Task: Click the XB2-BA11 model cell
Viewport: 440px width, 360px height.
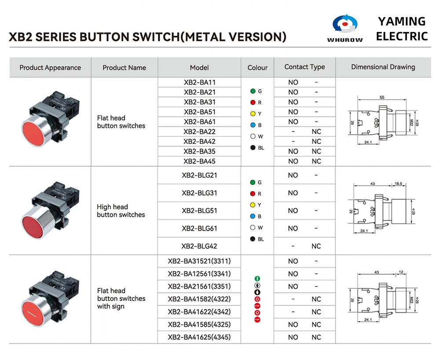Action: (x=199, y=82)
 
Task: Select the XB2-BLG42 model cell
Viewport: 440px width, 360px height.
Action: (x=199, y=246)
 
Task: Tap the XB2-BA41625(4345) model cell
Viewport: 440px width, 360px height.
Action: (x=199, y=338)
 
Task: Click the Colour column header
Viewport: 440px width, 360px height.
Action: (x=257, y=68)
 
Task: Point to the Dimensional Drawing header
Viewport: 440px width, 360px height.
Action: (x=383, y=67)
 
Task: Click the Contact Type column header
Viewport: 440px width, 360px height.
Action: (x=304, y=67)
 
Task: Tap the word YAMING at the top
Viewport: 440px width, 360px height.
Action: (x=402, y=21)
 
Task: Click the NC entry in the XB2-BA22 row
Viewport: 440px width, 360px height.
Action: (x=316, y=132)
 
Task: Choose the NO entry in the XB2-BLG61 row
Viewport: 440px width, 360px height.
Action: (x=293, y=228)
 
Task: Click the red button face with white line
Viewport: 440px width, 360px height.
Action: (x=32, y=312)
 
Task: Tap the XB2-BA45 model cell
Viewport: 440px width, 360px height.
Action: (x=199, y=161)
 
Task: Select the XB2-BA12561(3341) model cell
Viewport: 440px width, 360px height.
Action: (x=199, y=274)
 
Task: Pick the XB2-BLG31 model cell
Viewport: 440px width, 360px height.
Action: (x=199, y=193)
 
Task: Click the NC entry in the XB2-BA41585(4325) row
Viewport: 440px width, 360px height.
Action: (x=316, y=325)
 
